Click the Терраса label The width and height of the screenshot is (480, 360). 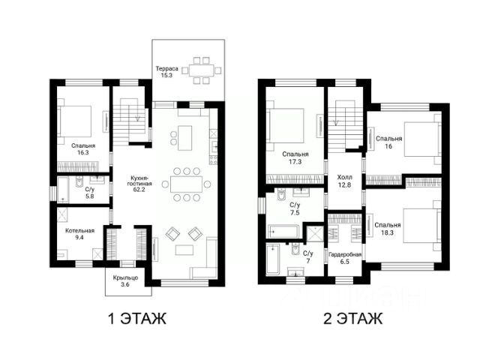[x=166, y=68]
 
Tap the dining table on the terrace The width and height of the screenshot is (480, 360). [x=201, y=71]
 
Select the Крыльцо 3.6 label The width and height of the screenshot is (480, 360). [x=125, y=281]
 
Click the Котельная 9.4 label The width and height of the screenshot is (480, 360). [x=79, y=234]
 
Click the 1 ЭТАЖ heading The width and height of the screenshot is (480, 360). [x=137, y=318]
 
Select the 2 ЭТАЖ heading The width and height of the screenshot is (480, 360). [x=352, y=318]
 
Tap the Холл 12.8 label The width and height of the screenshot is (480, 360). [x=345, y=181]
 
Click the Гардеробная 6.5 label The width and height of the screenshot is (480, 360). [x=345, y=258]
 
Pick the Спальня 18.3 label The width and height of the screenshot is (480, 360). [x=388, y=229]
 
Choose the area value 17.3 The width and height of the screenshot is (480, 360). [x=295, y=162]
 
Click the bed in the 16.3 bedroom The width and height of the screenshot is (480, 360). [x=75, y=121]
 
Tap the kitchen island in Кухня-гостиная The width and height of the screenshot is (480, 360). [x=184, y=138]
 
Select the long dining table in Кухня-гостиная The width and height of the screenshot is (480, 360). [x=187, y=184]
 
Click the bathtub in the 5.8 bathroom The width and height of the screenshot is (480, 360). [x=63, y=190]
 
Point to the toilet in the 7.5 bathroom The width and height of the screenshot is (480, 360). [x=281, y=195]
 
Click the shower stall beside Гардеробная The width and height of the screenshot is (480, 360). [x=314, y=234]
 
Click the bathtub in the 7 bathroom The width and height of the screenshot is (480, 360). [x=272, y=259]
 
